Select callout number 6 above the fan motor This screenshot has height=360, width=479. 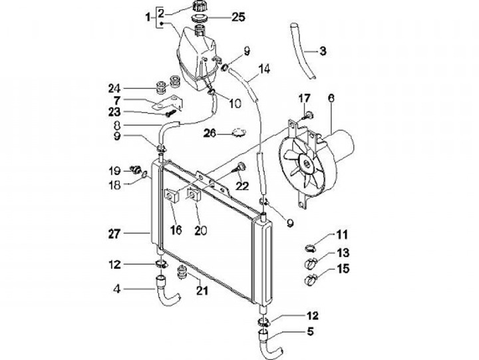pos(331,98)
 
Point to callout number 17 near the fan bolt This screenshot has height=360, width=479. pos(304,98)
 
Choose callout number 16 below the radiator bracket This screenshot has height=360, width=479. pos(176,230)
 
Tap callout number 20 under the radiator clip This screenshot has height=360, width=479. pos(200,230)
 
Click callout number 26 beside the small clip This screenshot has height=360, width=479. pos(210,133)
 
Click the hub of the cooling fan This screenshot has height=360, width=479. pos(307,160)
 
